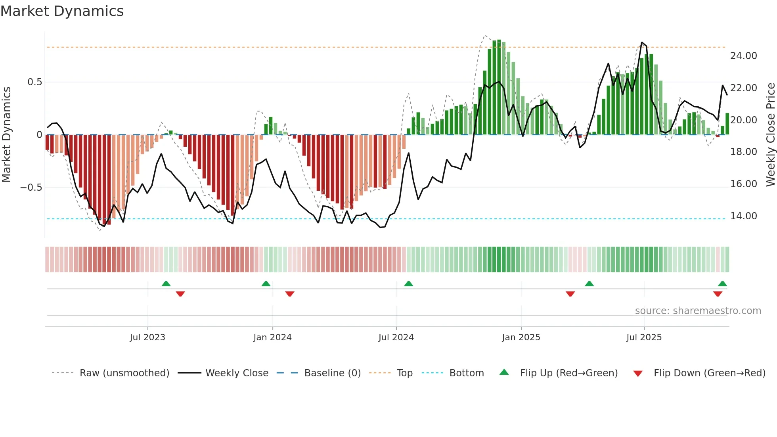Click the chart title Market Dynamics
pyautogui.click(x=62, y=11)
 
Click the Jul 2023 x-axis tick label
pyautogui.click(x=147, y=337)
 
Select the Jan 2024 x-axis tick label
pyautogui.click(x=272, y=337)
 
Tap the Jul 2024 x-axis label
pyautogui.click(x=396, y=337)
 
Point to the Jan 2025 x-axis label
pyautogui.click(x=521, y=337)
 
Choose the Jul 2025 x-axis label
pyautogui.click(x=644, y=337)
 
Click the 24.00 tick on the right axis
pyautogui.click(x=743, y=56)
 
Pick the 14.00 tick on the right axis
pyautogui.click(x=743, y=216)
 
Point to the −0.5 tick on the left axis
pyautogui.click(x=31, y=188)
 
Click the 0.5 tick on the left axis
pyautogui.click(x=34, y=82)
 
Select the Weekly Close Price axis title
pyautogui.click(x=770, y=135)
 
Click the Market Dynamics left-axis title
pyautogui.click(x=6, y=135)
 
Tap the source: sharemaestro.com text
pyautogui.click(x=698, y=311)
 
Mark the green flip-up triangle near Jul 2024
pyautogui.click(x=408, y=284)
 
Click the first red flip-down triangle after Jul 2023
pyautogui.click(x=180, y=294)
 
